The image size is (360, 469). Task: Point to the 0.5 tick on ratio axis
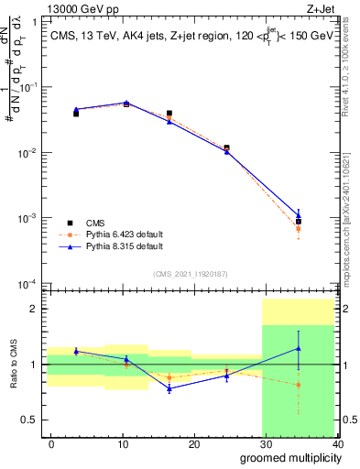(34, 420)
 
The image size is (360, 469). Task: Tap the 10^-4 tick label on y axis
(30, 284)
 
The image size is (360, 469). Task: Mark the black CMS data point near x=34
(299, 222)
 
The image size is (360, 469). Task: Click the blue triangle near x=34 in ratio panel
(299, 348)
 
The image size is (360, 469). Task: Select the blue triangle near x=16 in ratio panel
(169, 388)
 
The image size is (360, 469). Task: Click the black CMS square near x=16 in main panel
(169, 114)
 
